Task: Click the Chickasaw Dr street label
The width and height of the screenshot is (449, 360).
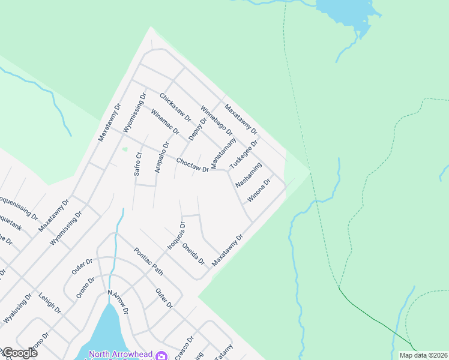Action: pyautogui.click(x=175, y=107)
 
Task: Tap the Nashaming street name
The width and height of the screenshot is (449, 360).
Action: pyautogui.click(x=249, y=175)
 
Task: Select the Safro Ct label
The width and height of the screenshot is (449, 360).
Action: pyautogui.click(x=137, y=164)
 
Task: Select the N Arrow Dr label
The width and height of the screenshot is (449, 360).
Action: pyautogui.click(x=118, y=302)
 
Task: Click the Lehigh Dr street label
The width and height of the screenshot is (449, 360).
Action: pyautogui.click(x=50, y=303)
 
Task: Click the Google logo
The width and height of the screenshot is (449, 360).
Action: pyautogui.click(x=20, y=352)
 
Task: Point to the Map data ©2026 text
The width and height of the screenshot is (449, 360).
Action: pyautogui.click(x=423, y=355)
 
